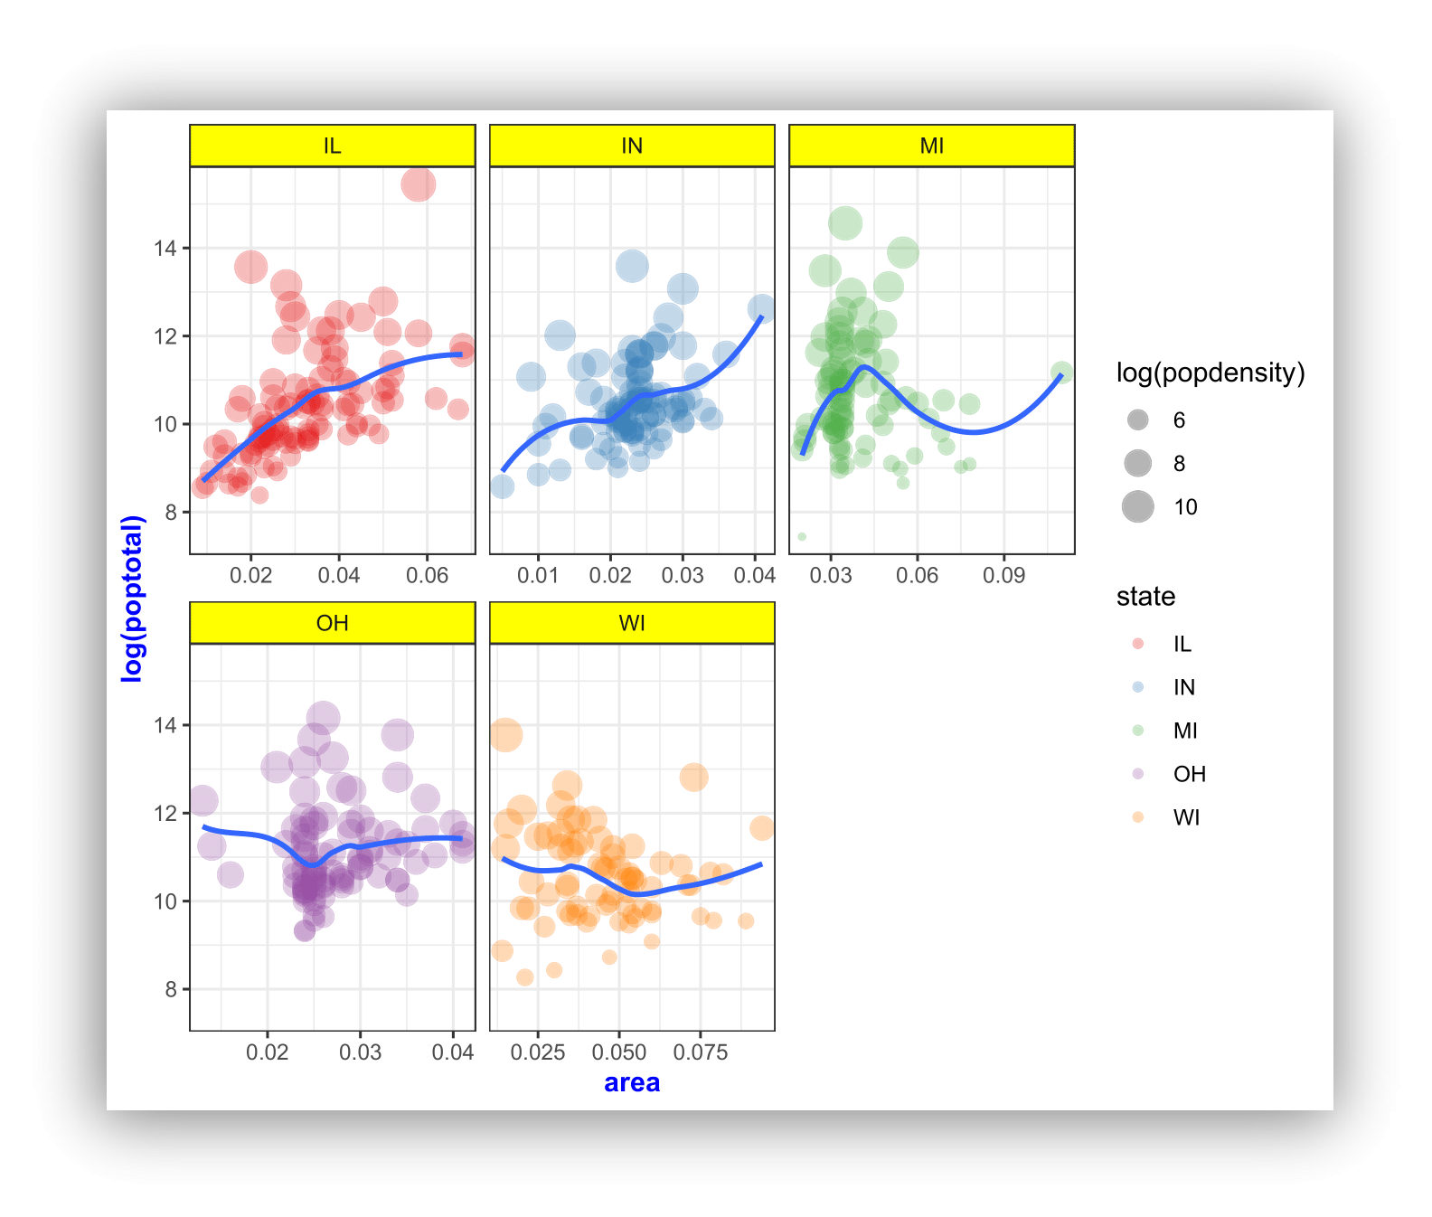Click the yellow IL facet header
pyautogui.click(x=332, y=146)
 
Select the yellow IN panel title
pyautogui.click(x=632, y=146)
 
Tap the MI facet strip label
pyautogui.click(x=932, y=146)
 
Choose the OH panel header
pyautogui.click(x=332, y=623)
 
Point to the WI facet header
pyautogui.click(x=632, y=623)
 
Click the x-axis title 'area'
pyautogui.click(x=632, y=1082)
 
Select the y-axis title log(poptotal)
pyautogui.click(x=133, y=598)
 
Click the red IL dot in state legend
pyautogui.click(x=1138, y=644)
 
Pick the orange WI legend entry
pyautogui.click(x=1138, y=817)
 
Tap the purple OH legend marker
pyautogui.click(x=1138, y=774)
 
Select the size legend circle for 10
pyautogui.click(x=1138, y=506)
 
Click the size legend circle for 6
pyautogui.click(x=1138, y=420)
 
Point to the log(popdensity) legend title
pyautogui.click(x=1211, y=373)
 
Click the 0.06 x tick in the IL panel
pyautogui.click(x=427, y=575)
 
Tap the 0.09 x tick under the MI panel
pyautogui.click(x=1003, y=575)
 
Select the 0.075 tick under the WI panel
pyautogui.click(x=701, y=1052)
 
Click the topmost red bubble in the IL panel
pyautogui.click(x=418, y=184)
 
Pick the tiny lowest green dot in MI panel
pyautogui.click(x=802, y=537)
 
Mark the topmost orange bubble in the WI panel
pyautogui.click(x=506, y=735)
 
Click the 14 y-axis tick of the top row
pyautogui.click(x=165, y=248)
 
